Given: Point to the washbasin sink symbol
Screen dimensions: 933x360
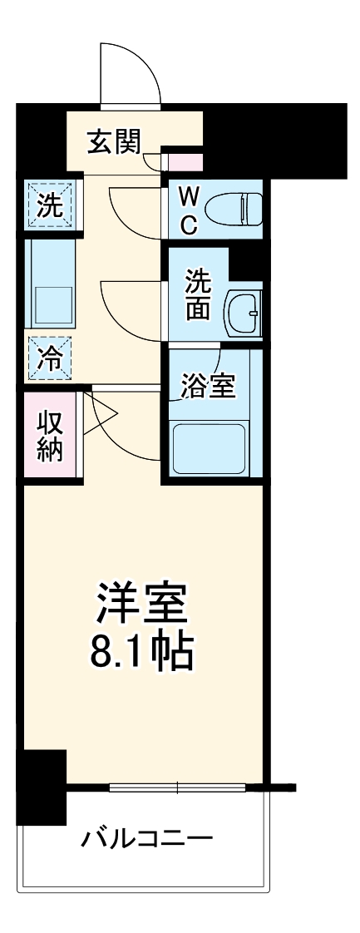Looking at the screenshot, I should pos(243,313).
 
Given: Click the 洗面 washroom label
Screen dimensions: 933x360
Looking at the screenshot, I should pos(198,295).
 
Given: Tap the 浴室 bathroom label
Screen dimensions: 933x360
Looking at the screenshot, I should pos(208,385).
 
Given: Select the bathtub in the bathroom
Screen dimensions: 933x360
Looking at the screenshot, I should pos(209,449).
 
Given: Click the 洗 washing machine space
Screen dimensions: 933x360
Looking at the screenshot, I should pos(52,205).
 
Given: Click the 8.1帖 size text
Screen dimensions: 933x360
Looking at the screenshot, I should pos(141,653).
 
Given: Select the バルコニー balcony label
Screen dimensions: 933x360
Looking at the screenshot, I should pos(146,837).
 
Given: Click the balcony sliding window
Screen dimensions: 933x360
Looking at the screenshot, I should pos(178,787).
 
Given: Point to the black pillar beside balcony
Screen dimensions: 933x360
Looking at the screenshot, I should pos(41,787).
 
